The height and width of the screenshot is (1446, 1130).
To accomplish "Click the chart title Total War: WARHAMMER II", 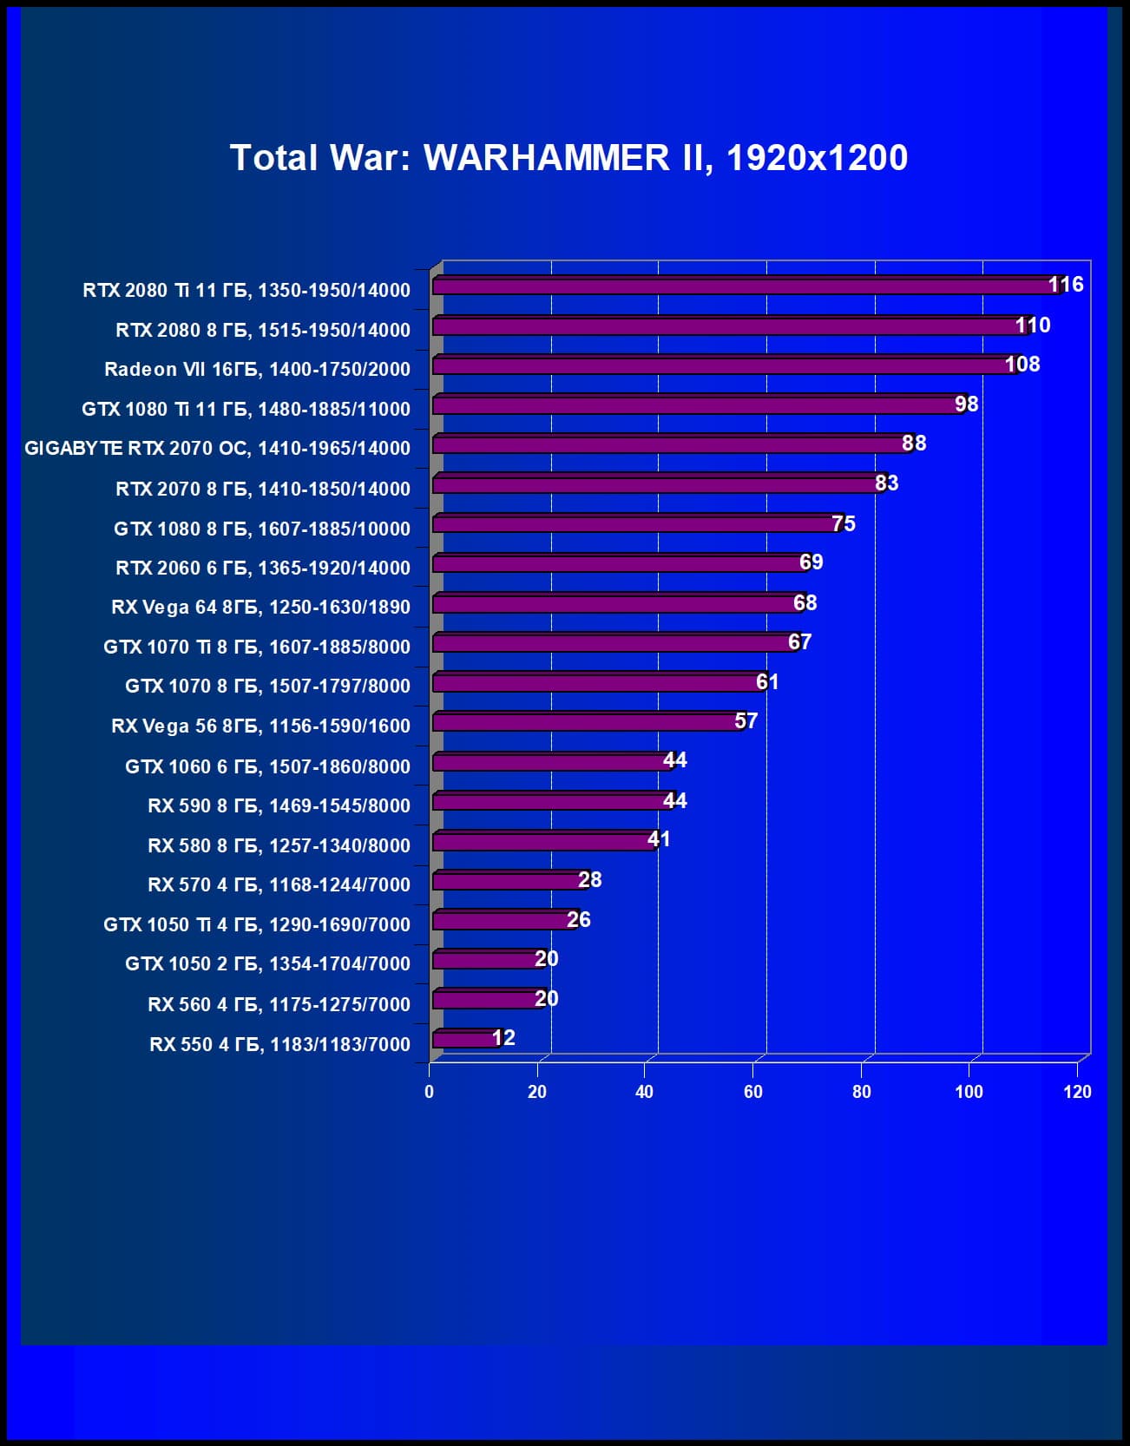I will (x=568, y=158).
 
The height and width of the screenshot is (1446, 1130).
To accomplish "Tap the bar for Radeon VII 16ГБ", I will (x=720, y=365).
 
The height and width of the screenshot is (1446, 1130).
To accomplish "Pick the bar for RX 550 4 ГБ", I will (x=465, y=1039).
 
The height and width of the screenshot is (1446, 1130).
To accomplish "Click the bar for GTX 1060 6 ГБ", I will (x=551, y=762).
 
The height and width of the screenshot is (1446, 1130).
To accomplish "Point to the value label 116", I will (x=1066, y=285).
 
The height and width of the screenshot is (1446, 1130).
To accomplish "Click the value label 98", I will (x=966, y=404).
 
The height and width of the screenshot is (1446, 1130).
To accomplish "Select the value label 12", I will (x=503, y=1038).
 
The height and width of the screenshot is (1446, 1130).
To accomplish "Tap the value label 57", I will (x=746, y=721).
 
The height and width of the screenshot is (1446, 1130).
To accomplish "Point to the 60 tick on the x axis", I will (x=753, y=1092).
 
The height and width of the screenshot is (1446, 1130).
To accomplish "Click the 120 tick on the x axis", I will (x=1077, y=1092).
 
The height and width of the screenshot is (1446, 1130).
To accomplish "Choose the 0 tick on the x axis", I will (x=429, y=1092).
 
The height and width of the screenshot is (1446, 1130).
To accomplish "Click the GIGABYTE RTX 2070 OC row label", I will (x=217, y=449).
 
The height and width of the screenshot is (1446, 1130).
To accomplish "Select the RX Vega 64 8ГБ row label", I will (x=260, y=608).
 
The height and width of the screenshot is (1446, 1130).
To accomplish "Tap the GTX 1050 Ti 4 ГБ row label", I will (x=257, y=925).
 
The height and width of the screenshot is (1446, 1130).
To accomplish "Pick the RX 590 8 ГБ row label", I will (x=279, y=806).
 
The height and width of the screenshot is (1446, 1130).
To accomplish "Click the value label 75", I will (x=844, y=524).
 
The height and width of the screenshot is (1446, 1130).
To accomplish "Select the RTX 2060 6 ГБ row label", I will (x=263, y=569).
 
